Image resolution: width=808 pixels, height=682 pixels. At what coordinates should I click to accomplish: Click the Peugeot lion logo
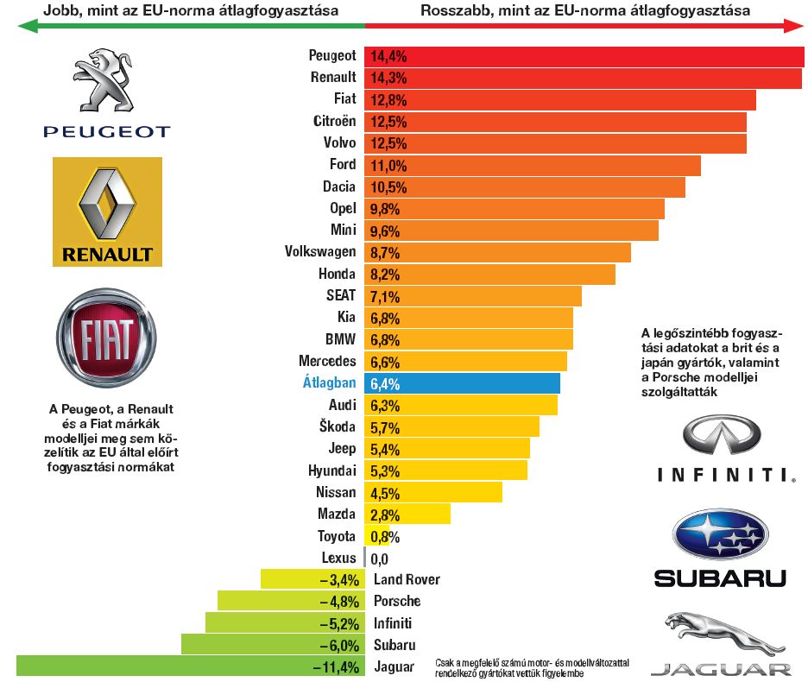[x=108, y=81]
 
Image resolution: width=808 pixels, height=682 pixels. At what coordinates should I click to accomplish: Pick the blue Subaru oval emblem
[x=721, y=534]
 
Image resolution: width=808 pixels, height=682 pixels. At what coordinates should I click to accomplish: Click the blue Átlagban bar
[x=463, y=382]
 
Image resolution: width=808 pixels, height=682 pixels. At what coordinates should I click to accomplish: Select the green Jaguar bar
[x=190, y=666]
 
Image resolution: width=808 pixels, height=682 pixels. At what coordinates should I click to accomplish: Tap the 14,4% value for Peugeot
[x=388, y=56]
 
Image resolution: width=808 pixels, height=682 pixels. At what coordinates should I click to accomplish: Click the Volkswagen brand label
[x=320, y=252]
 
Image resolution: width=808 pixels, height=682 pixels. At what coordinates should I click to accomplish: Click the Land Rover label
[x=407, y=579]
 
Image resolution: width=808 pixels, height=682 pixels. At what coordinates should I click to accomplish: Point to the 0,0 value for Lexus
[x=379, y=558]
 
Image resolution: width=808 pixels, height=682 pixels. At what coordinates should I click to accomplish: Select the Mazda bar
[x=407, y=514]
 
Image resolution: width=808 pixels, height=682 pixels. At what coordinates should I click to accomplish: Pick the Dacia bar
[x=526, y=186]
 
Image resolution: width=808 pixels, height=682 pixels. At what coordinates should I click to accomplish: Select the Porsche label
[x=397, y=601]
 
